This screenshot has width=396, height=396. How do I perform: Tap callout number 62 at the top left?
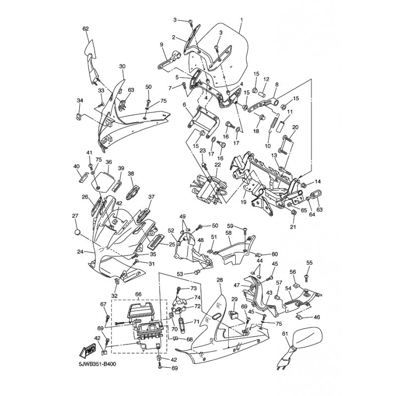tap(86, 29)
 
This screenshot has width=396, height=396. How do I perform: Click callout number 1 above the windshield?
tap(242, 19)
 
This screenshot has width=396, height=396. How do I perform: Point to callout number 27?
tap(75, 216)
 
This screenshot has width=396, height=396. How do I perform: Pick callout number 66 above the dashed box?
tap(139, 294)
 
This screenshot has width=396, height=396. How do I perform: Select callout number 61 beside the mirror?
tap(285, 334)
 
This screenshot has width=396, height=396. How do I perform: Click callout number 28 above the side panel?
tap(220, 280)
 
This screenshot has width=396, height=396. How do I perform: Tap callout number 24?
tap(80, 251)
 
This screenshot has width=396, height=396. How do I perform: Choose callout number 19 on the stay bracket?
tap(243, 202)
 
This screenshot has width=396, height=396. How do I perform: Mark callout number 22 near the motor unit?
tap(218, 165)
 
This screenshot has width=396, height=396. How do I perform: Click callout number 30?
tap(122, 66)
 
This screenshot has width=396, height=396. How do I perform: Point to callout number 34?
tap(80, 100)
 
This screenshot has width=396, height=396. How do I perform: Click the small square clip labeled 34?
tap(79, 117)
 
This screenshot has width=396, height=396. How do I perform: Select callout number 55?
tap(309, 263)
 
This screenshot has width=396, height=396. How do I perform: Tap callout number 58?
tap(229, 232)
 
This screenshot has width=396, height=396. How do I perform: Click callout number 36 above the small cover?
tap(108, 162)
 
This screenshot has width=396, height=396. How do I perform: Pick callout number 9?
tap(162, 45)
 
